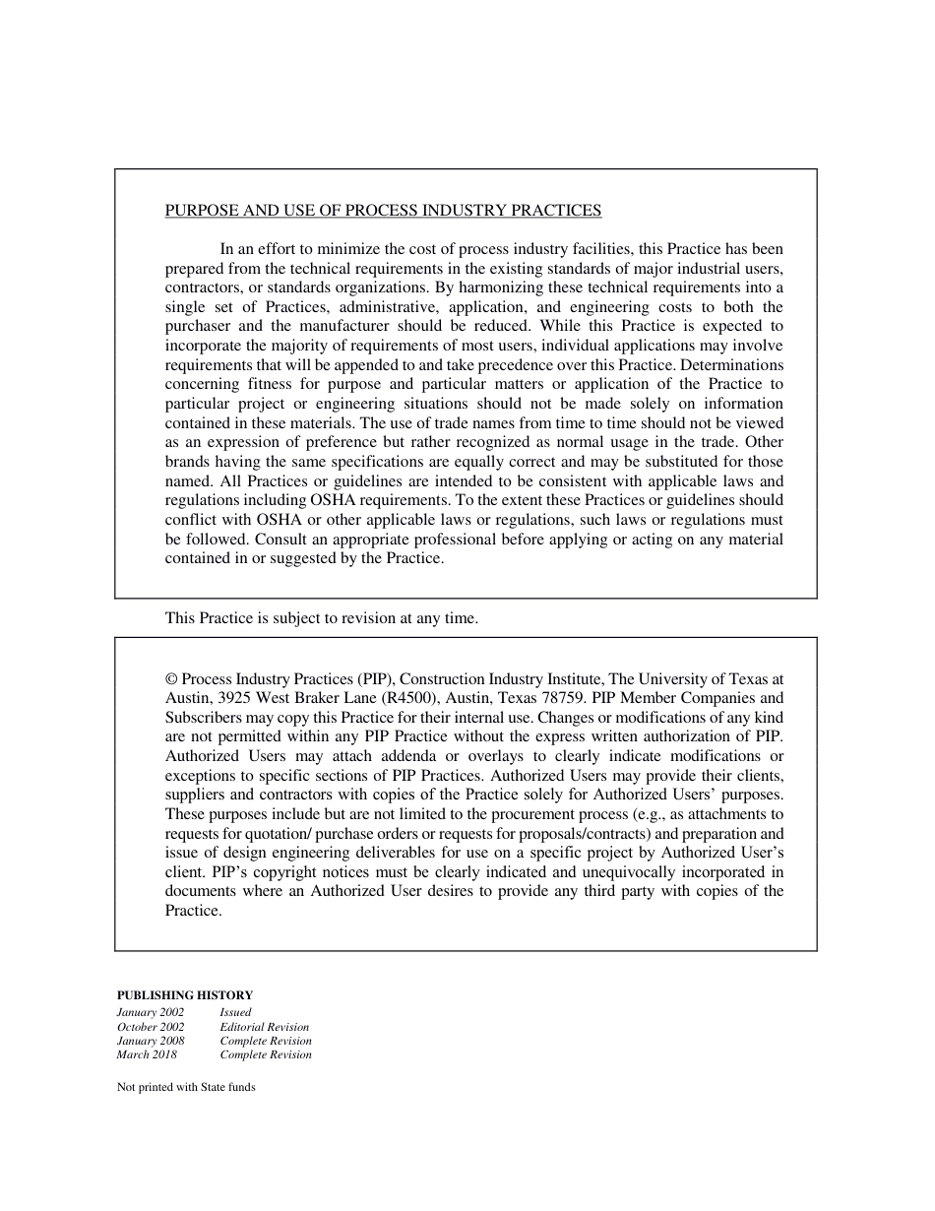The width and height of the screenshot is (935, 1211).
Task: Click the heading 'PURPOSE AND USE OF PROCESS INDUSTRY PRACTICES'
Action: pyautogui.click(x=383, y=210)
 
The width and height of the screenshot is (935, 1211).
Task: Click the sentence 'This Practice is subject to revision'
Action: pyautogui.click(x=321, y=618)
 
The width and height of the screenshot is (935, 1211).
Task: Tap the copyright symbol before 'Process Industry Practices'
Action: pyautogui.click(x=171, y=679)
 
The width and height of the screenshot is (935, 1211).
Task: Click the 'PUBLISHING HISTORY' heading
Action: pyautogui.click(x=185, y=995)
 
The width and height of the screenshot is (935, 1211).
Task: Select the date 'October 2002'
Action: pyautogui.click(x=151, y=1027)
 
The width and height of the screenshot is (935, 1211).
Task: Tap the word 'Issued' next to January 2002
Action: pyautogui.click(x=235, y=1012)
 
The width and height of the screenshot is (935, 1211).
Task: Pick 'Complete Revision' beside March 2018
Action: pyautogui.click(x=266, y=1055)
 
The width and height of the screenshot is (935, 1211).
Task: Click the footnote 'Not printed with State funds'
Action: pyautogui.click(x=186, y=1088)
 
